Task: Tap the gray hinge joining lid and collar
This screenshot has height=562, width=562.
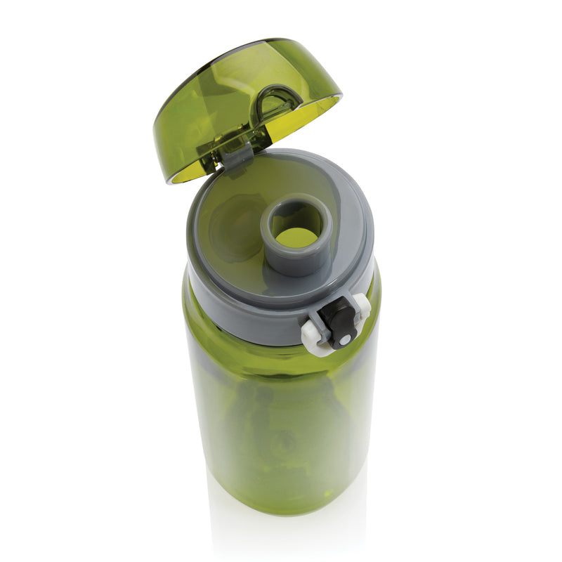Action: click(x=237, y=153)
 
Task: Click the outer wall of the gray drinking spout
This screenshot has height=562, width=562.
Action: click(x=295, y=260)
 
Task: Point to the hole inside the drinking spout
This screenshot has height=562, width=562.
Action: click(x=297, y=234)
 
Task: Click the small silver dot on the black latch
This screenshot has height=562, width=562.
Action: click(x=344, y=341)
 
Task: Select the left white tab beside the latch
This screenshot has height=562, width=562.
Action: click(x=313, y=336)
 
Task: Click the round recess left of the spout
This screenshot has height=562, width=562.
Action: click(x=232, y=225)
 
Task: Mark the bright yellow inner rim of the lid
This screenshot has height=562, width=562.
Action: click(x=309, y=119)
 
